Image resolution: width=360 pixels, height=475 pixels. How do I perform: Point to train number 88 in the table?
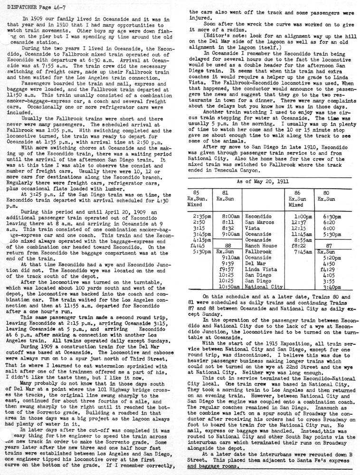click(228, 246)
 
